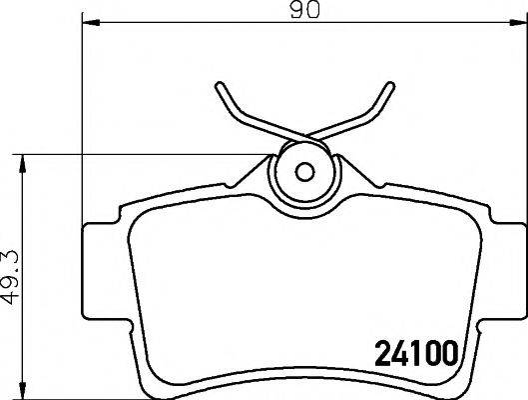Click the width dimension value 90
(x=305, y=10)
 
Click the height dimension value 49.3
(x=10, y=277)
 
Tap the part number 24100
(x=417, y=353)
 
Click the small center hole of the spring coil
(x=304, y=172)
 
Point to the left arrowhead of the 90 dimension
(x=91, y=23)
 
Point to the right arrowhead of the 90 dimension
(x=519, y=23)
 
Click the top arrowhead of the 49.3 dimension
(x=22, y=164)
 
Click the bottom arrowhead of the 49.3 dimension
(x=22, y=391)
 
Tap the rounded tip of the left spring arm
(x=220, y=85)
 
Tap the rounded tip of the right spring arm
(x=390, y=85)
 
